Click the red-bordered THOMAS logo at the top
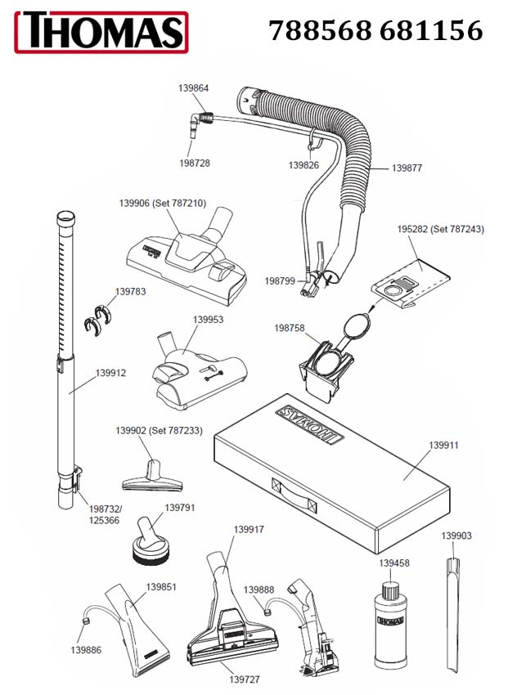point(101,32)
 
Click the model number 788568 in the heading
point(320,30)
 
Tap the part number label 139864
point(193,87)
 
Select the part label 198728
point(194,163)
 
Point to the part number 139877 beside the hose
point(407,168)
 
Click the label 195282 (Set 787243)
point(440,229)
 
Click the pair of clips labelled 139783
point(97,319)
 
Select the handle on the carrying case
point(294,493)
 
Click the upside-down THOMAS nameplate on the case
point(309,424)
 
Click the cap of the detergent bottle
point(391,591)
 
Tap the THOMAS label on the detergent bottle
point(390,621)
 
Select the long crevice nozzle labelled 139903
point(452,616)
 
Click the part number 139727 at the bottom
point(245,679)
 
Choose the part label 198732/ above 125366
point(106,509)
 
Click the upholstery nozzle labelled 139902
point(152,477)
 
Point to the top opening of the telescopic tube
point(65,216)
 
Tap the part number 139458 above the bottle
point(393,563)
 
